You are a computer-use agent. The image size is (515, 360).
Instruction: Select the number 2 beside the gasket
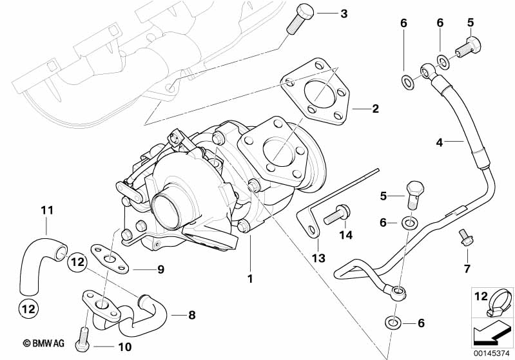(x=375, y=109)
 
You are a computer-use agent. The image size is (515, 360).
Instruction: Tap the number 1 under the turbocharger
(x=250, y=279)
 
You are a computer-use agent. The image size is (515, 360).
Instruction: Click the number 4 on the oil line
(x=440, y=143)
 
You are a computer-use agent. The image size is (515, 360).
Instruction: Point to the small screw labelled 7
(x=466, y=238)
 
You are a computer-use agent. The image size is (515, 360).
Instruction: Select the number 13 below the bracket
(x=318, y=258)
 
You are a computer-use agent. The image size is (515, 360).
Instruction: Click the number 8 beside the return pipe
(x=192, y=316)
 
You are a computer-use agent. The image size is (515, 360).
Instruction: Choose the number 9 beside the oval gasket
(x=160, y=269)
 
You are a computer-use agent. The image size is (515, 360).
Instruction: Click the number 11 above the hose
(x=47, y=210)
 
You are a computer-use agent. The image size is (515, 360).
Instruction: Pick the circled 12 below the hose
(x=28, y=309)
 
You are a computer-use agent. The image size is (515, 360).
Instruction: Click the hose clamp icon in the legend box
(x=500, y=304)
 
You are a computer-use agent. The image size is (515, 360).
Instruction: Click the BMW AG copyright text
(x=43, y=343)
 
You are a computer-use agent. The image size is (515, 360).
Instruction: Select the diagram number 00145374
(x=492, y=353)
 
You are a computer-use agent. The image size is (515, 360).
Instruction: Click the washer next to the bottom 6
(x=393, y=323)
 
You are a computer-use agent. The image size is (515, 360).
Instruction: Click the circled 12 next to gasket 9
(x=77, y=262)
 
